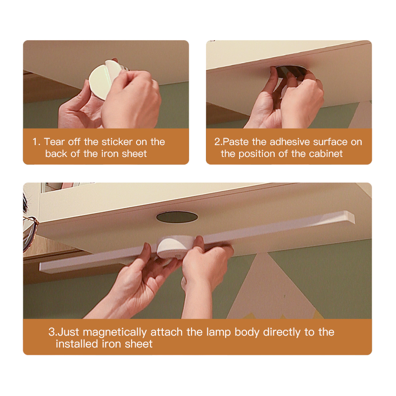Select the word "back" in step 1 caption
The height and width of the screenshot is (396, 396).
tap(56, 153)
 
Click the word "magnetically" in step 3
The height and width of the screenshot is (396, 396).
tap(115, 332)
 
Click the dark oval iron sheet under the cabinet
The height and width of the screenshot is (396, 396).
tap(177, 217)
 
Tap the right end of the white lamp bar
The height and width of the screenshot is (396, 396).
tap(351, 217)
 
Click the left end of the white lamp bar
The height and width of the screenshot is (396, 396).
tap(42, 267)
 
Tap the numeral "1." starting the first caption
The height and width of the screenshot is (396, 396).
tap(36, 142)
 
